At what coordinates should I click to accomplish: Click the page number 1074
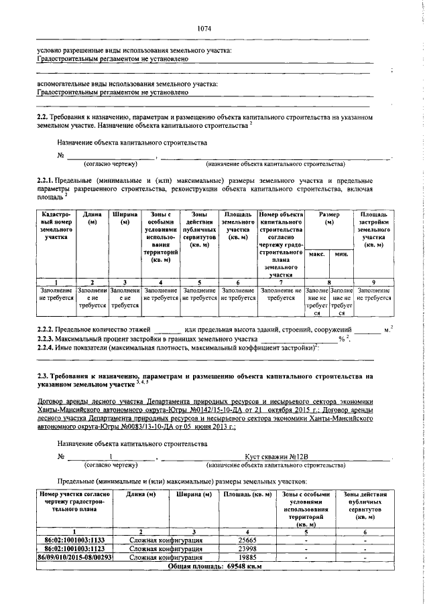point(204,29)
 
